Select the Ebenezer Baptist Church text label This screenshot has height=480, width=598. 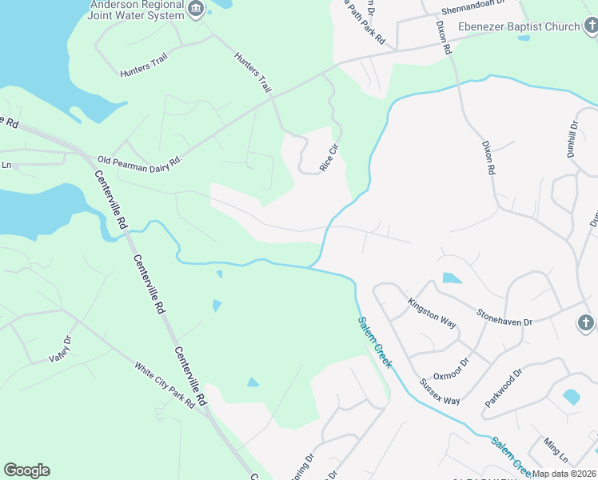pos(518,26)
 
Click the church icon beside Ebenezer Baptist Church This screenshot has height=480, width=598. pos(590,26)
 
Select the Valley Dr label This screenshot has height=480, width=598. pos(60,349)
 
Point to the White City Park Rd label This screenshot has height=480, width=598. pos(165,386)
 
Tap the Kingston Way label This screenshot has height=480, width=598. pos(432,314)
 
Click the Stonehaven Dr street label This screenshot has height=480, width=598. pos(504,317)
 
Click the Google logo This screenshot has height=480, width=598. pos(26,470)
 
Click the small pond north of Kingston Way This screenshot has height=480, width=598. pos(452,278)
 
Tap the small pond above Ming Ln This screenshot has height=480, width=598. pos(572,397)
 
